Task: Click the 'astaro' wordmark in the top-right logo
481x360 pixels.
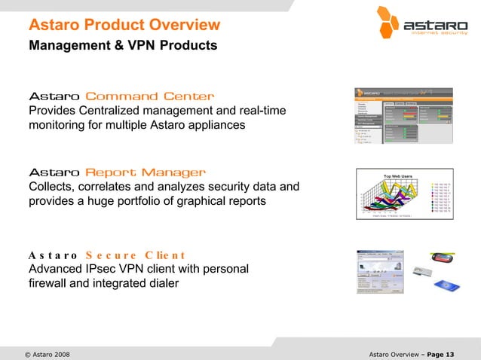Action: coord(436,26)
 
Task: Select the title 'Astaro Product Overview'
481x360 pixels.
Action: coord(124,25)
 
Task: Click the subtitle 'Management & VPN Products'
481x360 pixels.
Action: coord(123,46)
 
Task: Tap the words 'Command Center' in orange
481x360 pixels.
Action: coord(150,96)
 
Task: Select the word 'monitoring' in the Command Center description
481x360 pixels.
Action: coord(59,125)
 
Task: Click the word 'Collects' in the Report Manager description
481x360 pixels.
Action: coord(51,187)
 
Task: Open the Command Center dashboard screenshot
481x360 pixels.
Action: coord(403,115)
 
